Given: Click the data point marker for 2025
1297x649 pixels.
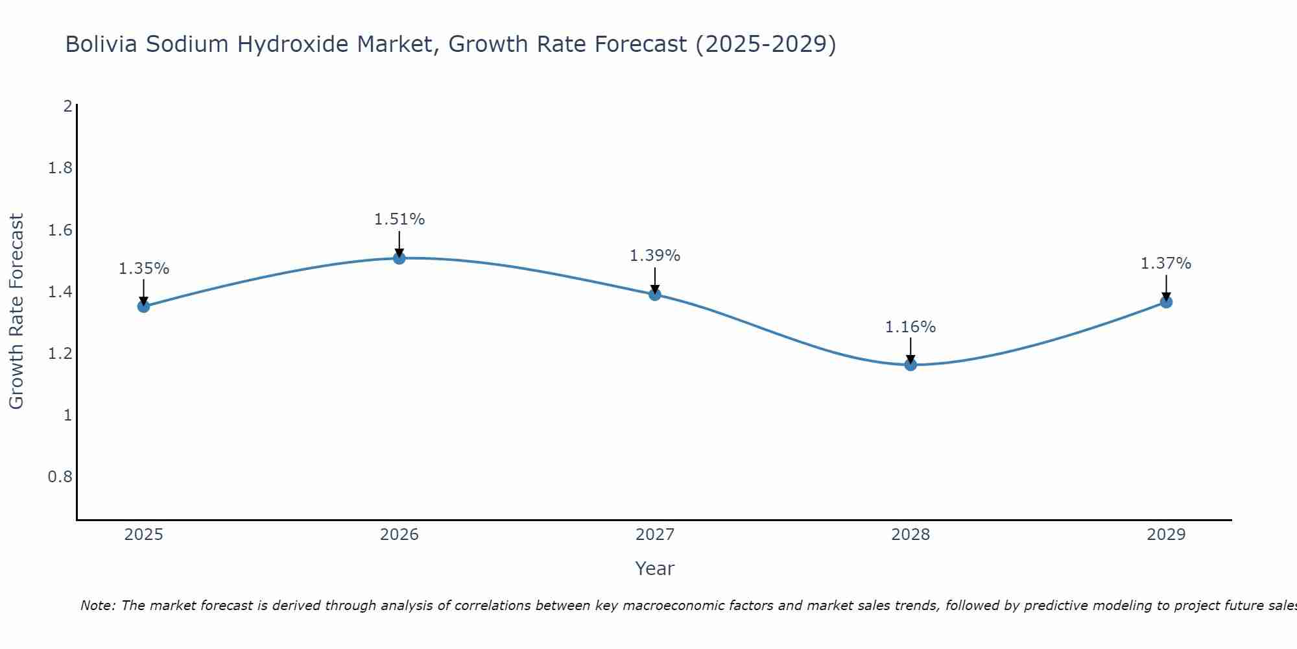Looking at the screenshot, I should click(143, 306).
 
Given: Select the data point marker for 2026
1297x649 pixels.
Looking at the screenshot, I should click(399, 258).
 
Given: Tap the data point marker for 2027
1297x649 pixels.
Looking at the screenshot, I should click(655, 295).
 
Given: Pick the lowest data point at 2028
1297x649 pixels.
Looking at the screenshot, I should click(910, 365).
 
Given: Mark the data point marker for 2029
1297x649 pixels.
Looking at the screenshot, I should click(1166, 302).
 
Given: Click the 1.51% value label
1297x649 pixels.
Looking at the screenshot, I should click(399, 219).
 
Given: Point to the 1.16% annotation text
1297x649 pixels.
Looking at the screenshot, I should click(910, 327).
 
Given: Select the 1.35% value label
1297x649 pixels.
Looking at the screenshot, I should click(143, 269).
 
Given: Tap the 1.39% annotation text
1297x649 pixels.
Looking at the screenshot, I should click(655, 256).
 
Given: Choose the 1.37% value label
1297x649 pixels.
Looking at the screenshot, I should click(1166, 263).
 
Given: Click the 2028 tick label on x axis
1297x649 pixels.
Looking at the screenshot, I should click(910, 535).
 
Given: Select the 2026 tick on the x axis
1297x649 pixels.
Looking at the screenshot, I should click(399, 535).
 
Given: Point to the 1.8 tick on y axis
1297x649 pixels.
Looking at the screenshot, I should click(60, 169).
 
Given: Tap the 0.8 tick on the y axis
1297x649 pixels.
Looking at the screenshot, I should click(60, 477).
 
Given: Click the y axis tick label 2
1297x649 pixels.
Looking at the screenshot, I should click(67, 106).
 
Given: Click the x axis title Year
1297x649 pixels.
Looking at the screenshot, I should click(655, 569).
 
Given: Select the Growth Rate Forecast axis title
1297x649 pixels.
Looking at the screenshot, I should click(17, 312).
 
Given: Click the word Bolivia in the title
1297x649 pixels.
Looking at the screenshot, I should click(101, 45).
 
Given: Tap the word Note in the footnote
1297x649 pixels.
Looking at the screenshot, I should click(96, 606).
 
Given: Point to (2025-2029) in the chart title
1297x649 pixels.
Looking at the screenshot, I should click(765, 45).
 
